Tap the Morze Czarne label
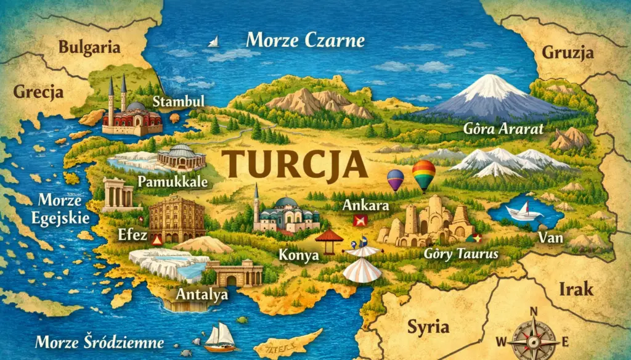[305, 41]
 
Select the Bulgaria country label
[90, 47]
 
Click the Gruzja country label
[568, 52]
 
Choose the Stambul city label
[177, 101]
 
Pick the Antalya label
[202, 294]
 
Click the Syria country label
[426, 326]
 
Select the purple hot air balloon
[395, 179]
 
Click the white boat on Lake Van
[523, 211]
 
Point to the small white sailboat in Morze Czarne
[213, 42]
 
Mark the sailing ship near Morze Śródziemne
[220, 336]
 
